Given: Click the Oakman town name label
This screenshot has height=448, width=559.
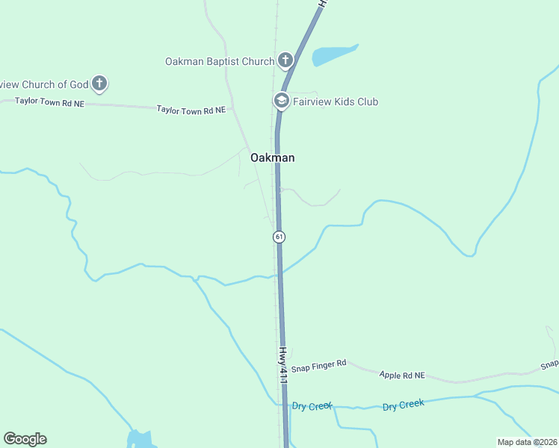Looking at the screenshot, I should click(272, 158).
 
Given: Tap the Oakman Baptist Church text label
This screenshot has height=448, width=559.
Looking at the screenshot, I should click(220, 61).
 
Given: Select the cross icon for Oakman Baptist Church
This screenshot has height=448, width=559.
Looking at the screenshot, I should click(285, 60).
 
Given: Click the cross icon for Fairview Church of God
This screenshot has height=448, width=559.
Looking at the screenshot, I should click(99, 83).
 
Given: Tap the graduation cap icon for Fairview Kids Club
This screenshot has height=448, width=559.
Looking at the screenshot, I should click(282, 100).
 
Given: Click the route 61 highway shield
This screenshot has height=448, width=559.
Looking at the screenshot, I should click(279, 237).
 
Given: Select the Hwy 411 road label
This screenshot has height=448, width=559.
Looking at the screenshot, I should click(283, 364).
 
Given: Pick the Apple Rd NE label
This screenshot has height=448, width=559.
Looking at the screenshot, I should click(401, 375).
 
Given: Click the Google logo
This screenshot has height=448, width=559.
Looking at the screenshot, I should click(25, 439).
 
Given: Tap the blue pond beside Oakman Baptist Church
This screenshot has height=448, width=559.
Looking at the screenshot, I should click(333, 55).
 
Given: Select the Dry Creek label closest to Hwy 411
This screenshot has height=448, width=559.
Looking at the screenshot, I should click(311, 406).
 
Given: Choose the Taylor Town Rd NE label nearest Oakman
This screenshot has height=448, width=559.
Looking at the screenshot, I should click(191, 110).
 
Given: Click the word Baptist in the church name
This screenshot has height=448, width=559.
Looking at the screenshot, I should click(221, 61).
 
